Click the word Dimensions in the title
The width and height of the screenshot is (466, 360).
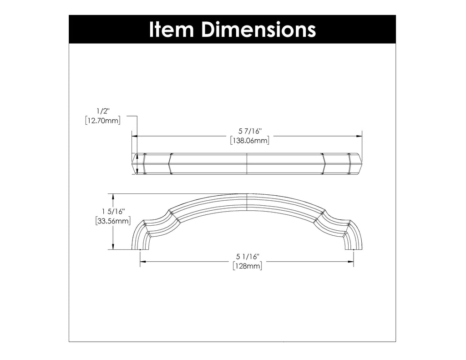pyautogui.click(x=258, y=29)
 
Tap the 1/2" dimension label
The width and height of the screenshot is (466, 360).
pyautogui.click(x=102, y=111)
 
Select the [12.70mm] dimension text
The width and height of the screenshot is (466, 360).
pyautogui.click(x=102, y=121)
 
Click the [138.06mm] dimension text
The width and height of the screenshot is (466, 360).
pyautogui.click(x=249, y=141)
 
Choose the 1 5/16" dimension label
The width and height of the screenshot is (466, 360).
pyautogui.click(x=113, y=211)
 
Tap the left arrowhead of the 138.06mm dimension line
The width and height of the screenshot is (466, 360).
pyautogui.click(x=135, y=136)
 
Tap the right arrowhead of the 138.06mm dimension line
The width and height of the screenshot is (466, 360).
pyautogui.click(x=360, y=136)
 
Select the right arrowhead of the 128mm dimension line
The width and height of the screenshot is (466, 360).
pyautogui.click(x=351, y=262)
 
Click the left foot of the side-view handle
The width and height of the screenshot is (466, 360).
pyautogui.click(x=140, y=245)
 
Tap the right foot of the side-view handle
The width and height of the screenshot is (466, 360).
pyautogui.click(x=354, y=245)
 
